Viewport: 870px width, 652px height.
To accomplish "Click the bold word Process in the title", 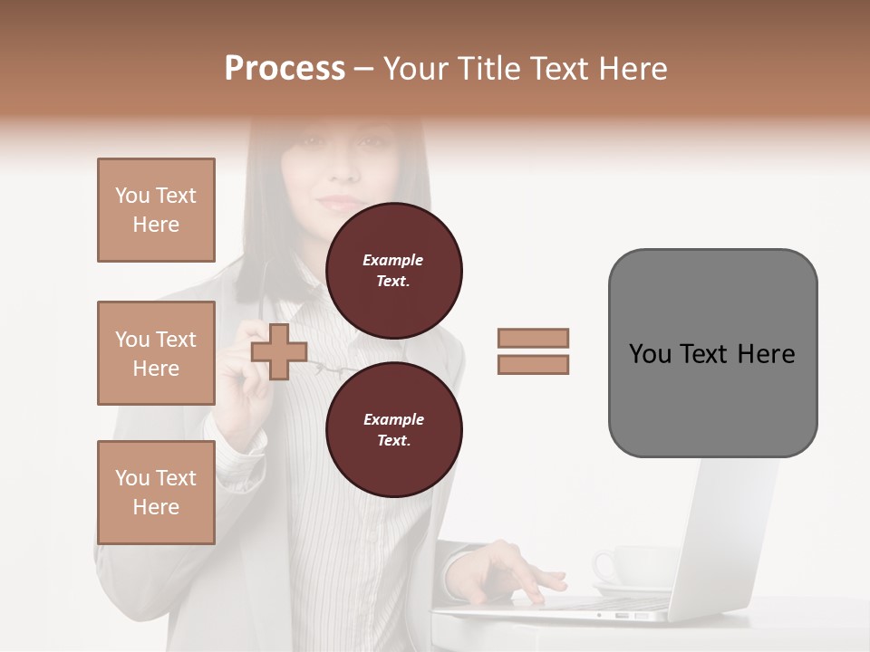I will click(285, 69).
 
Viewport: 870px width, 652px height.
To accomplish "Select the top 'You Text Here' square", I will click(156, 210).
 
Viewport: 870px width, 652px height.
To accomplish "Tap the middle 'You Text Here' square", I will click(156, 353).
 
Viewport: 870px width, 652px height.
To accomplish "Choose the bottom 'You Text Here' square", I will click(156, 493).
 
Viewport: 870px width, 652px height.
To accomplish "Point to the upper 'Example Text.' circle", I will click(393, 270).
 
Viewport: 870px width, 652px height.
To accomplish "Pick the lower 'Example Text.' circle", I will click(393, 429).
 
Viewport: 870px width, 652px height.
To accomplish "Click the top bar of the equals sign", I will click(533, 339).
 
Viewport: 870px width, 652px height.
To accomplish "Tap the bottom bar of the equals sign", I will click(533, 365).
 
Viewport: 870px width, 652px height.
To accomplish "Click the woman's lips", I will click(340, 200).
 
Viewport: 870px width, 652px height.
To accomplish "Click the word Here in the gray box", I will click(766, 354).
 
